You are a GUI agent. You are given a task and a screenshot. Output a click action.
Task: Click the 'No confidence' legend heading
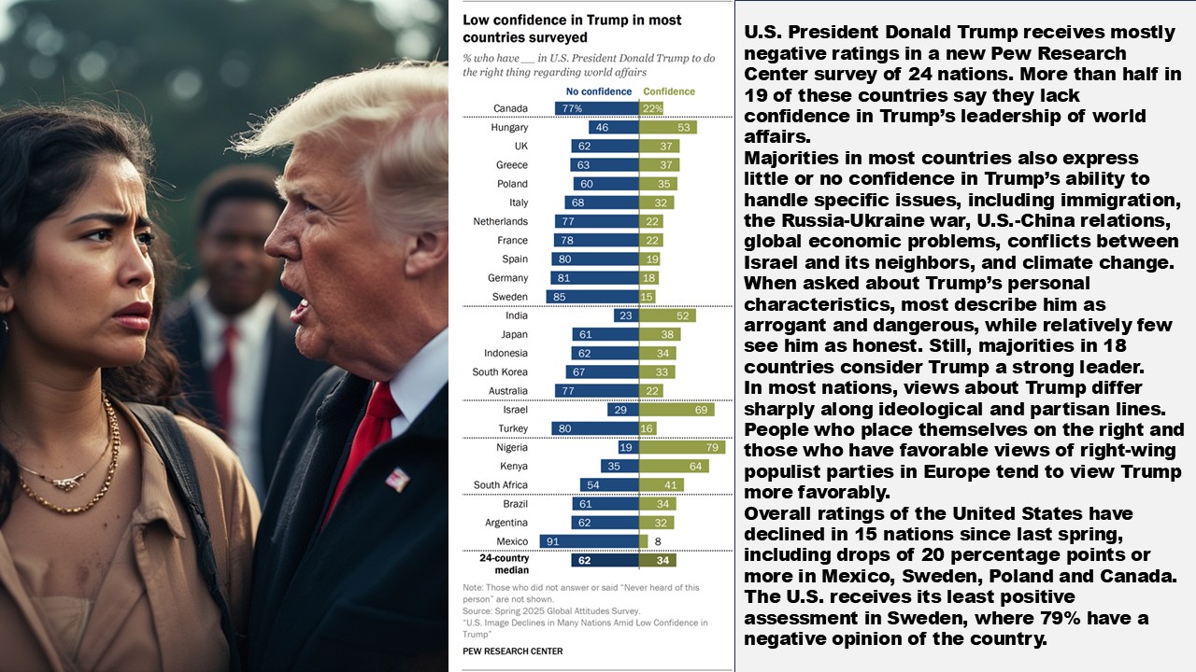click(599, 91)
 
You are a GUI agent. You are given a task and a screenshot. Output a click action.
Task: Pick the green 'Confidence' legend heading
click(669, 91)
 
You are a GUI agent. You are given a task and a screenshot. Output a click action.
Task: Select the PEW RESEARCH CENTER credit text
click(513, 651)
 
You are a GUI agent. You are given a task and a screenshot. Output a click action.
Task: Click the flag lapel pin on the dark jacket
click(397, 481)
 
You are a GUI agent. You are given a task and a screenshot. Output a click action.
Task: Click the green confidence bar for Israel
click(677, 410)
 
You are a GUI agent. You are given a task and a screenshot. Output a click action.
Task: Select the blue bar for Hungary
click(613, 128)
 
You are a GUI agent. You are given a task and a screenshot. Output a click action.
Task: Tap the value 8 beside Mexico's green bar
click(657, 541)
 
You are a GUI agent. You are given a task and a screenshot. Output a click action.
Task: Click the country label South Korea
click(500, 372)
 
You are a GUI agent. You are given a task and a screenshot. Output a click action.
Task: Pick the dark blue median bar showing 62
click(605, 561)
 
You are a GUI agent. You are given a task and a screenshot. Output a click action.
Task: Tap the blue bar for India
click(626, 315)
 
